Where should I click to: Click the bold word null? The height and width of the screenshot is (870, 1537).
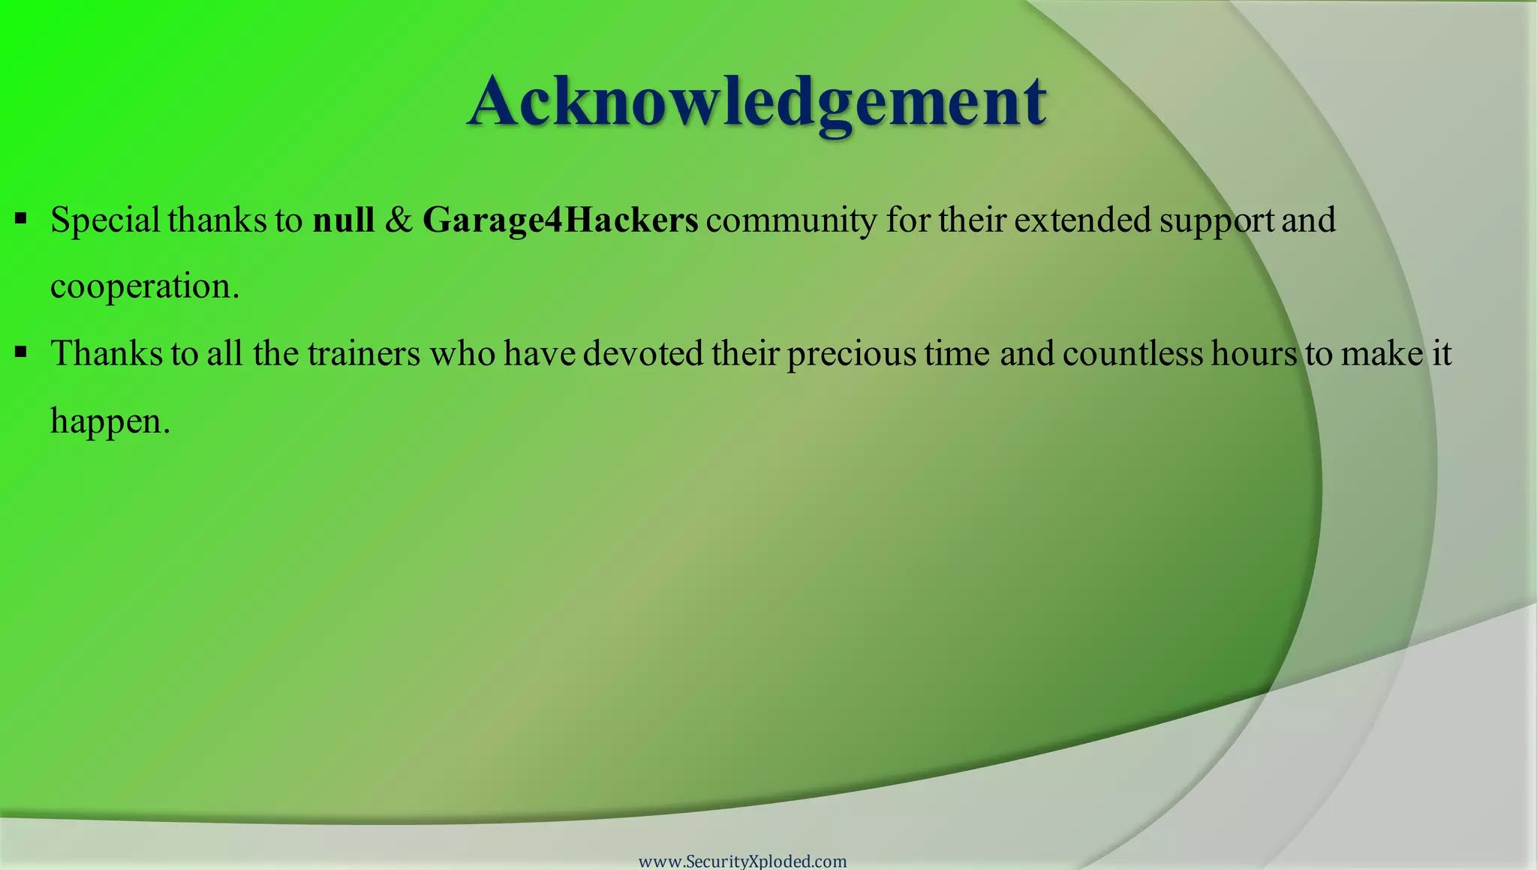[x=343, y=220]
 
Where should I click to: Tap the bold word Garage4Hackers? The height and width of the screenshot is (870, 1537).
[x=560, y=220]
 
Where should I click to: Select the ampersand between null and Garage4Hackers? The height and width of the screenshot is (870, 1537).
[x=399, y=220]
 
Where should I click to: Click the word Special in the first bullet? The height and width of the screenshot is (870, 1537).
[x=105, y=220]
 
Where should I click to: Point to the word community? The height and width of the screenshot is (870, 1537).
[x=791, y=220]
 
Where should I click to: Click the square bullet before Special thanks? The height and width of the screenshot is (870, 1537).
[x=21, y=219]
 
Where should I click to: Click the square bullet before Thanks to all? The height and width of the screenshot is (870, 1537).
[x=21, y=352]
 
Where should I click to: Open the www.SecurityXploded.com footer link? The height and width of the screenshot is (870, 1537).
[x=742, y=861]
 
